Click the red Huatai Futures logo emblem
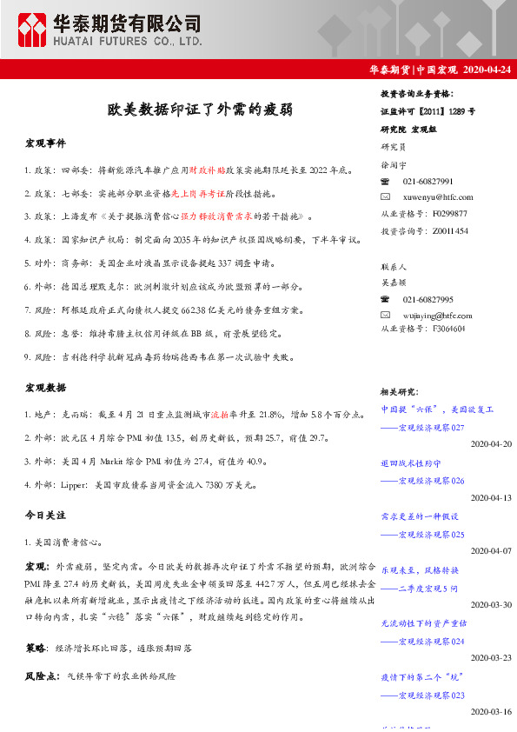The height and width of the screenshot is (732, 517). [x=35, y=29]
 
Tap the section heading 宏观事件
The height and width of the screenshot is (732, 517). [x=45, y=143]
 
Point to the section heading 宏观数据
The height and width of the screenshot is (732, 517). [x=45, y=387]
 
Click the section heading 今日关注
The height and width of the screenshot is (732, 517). [x=45, y=516]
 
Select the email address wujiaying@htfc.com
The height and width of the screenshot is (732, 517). [x=439, y=313]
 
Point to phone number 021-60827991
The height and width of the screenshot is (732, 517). [x=428, y=181]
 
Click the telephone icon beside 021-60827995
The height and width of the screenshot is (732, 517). [x=386, y=297]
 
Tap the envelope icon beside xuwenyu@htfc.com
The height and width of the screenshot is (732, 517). [x=386, y=197]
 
